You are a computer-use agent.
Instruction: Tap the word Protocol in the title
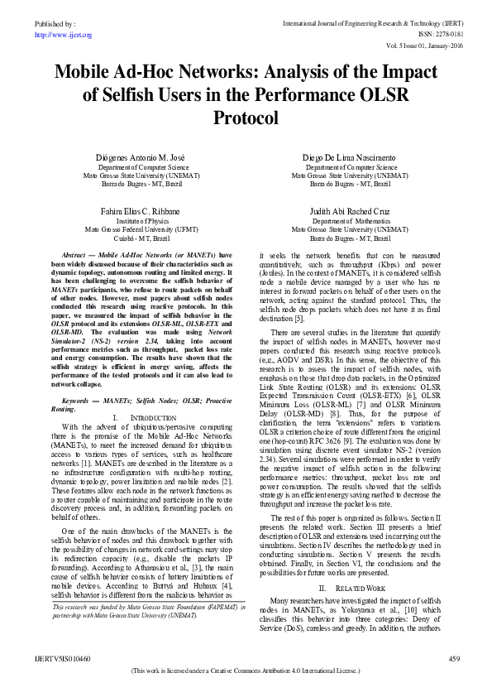click(246, 119)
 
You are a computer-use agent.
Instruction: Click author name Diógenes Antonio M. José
click(141, 157)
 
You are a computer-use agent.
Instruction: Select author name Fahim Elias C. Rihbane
click(141, 211)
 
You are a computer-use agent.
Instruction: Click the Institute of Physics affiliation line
click(141, 221)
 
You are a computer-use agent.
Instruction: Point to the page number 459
click(453, 658)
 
